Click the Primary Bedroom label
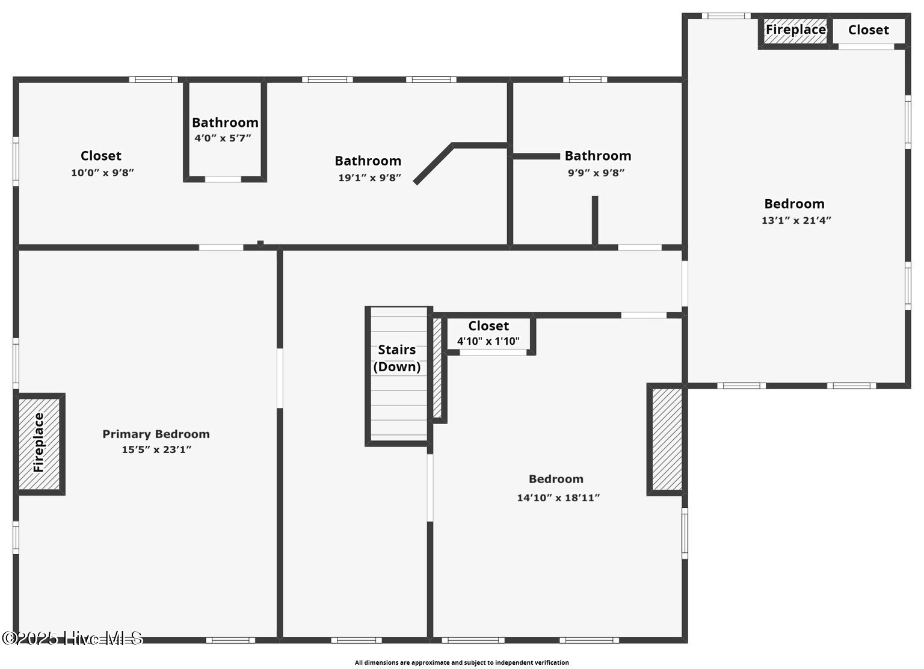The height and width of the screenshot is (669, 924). tap(156, 434)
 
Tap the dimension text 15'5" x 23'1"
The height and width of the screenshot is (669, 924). tap(156, 449)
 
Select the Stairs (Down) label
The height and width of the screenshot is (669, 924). tap(397, 358)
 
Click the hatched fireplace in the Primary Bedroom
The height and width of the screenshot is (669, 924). tap(39, 443)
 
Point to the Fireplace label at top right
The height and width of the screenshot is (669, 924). tap(795, 29)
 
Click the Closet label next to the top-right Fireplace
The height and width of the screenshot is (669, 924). tap(868, 30)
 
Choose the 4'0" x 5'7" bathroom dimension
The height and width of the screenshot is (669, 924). tap(223, 138)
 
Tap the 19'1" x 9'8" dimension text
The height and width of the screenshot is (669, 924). tap(369, 177)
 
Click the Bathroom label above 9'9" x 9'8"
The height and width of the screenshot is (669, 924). tap(597, 156)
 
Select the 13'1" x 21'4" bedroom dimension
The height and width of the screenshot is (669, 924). tap(796, 220)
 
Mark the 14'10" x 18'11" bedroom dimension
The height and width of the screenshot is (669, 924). tap(558, 498)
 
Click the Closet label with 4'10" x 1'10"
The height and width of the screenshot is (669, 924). tap(488, 326)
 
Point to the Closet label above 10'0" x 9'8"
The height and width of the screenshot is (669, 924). tap(101, 156)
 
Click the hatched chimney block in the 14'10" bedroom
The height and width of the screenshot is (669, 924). tap(667, 439)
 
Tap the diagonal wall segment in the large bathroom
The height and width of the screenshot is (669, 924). tap(434, 163)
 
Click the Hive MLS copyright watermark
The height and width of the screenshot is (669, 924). tap(72, 638)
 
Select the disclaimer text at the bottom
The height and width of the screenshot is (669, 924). tap(461, 662)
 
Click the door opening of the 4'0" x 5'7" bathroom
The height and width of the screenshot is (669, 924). tap(223, 179)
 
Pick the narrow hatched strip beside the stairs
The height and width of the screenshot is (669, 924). tap(437, 367)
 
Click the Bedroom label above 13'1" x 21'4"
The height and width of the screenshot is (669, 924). tap(794, 204)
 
